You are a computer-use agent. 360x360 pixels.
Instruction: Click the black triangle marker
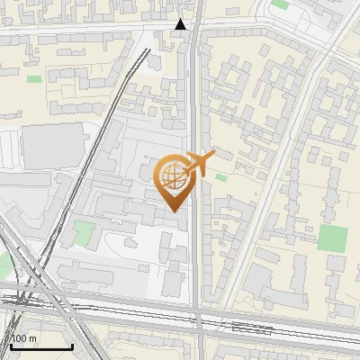pyautogui.click(x=181, y=24)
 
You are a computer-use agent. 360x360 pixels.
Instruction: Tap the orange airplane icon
pyautogui.click(x=200, y=164)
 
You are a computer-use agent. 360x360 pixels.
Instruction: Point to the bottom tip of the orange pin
pyautogui.click(x=172, y=211)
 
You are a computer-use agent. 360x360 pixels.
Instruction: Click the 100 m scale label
pyautogui.click(x=24, y=338)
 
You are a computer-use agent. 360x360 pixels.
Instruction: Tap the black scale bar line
pyautogui.click(x=41, y=346)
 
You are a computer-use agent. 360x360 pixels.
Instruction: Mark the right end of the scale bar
pyautogui.click(x=72, y=346)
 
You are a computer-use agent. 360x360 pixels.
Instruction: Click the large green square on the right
pyautogui.click(x=332, y=238)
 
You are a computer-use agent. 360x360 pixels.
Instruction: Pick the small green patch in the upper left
pyautogui.click(x=35, y=79)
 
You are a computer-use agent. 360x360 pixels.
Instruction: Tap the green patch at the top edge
pyautogui.click(x=281, y=4)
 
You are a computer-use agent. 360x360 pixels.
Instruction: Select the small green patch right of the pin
pyautogui.click(x=220, y=177)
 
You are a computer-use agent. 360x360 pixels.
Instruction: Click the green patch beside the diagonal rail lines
pyautogui.click(x=83, y=235)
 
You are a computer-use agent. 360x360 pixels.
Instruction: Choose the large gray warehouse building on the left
pyautogui.click(x=52, y=145)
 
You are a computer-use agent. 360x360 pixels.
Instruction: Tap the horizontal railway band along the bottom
pyautogui.click(x=180, y=310)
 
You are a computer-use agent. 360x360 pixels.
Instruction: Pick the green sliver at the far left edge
pyautogui.click(x=3, y=265)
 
